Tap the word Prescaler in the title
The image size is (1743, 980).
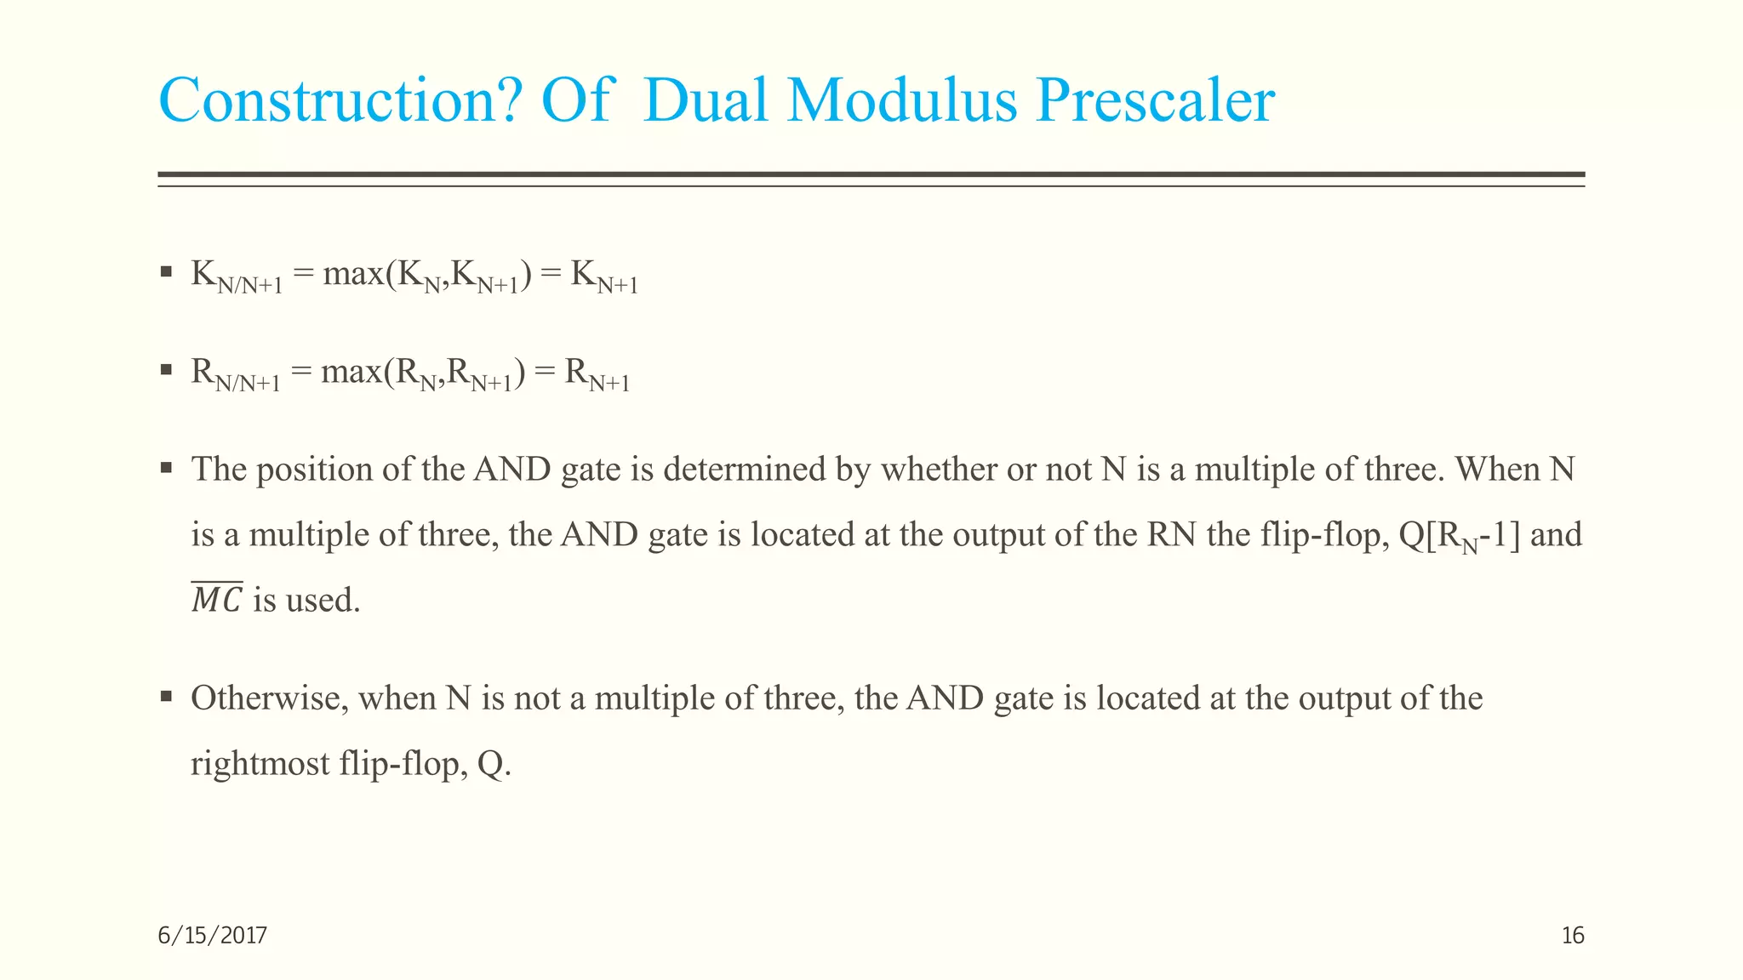coord(1154,101)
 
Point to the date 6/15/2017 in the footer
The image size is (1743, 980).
coord(213,936)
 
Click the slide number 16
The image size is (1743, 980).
coord(1573,936)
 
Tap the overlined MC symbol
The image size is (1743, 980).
coord(217,600)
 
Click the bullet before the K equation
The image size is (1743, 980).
coord(167,273)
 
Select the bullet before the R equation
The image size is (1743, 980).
coord(167,370)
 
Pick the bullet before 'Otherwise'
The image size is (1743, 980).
coord(167,698)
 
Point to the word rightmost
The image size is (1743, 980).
coord(260,764)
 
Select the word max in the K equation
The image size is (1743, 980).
coord(353,275)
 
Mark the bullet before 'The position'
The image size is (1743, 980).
coord(167,468)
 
